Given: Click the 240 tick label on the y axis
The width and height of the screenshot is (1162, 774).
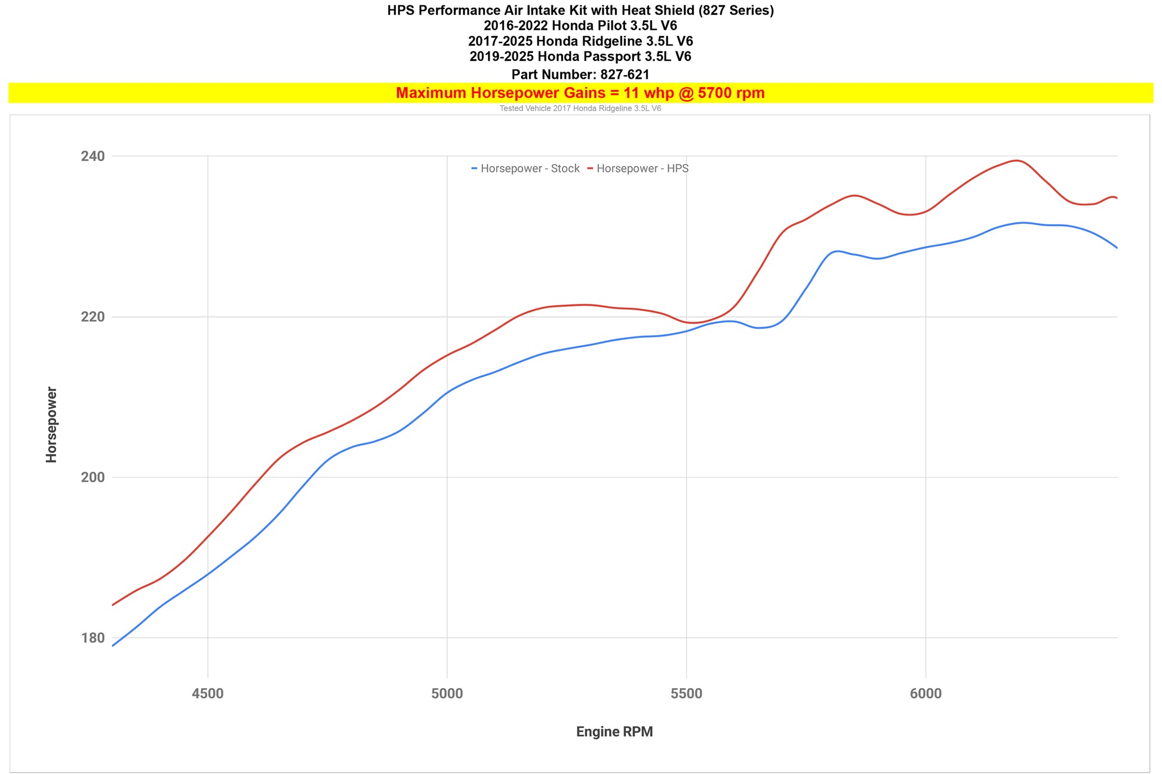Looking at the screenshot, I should [93, 156].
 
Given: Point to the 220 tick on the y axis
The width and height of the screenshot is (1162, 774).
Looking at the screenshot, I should [93, 317].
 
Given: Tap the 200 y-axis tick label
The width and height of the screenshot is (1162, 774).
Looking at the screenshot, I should [93, 477].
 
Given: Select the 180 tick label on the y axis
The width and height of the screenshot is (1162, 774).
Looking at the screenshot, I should [93, 638].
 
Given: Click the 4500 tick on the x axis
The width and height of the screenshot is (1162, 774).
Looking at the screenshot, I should [208, 693].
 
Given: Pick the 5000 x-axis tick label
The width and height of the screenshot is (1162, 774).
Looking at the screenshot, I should [447, 693].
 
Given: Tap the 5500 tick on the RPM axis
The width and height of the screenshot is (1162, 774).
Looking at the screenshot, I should [687, 693].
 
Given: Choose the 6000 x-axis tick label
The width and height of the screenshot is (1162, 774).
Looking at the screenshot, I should [926, 693].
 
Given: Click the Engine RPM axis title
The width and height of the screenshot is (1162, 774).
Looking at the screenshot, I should [614, 732].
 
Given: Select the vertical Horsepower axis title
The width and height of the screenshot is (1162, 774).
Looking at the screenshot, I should [52, 424].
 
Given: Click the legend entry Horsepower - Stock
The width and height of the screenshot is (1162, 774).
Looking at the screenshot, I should [529, 169].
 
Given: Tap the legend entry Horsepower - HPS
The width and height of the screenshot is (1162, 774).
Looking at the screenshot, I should [642, 169].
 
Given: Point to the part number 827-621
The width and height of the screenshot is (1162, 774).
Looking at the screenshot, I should [625, 75].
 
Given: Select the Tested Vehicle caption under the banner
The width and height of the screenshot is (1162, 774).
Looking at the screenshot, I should [580, 109].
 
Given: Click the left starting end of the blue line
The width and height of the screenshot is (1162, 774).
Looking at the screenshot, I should [113, 646].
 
